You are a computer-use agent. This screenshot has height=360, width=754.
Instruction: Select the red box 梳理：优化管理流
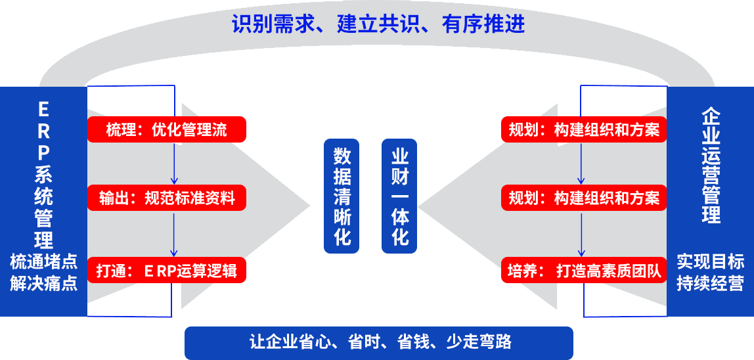coord(167,129)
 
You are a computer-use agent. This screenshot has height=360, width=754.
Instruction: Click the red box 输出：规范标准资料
coord(167,198)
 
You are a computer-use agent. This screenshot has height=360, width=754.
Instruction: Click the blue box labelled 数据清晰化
coord(342,195)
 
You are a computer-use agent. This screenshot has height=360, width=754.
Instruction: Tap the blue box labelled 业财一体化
coord(399,195)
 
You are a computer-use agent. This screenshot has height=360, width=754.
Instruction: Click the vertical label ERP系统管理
coord(43,173)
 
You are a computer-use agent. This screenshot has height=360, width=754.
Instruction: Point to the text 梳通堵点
coord(43,262)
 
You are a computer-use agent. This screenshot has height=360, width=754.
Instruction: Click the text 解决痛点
coord(43,284)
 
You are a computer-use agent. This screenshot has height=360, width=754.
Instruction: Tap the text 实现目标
coord(711,262)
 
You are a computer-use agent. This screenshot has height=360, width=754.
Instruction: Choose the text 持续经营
coord(711,284)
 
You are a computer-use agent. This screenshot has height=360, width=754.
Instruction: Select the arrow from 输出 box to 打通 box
coord(174,234)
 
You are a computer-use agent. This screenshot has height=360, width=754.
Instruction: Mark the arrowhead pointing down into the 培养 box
coord(581,253)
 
